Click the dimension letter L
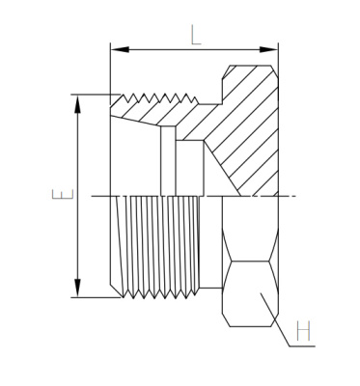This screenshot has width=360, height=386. [x=195, y=35]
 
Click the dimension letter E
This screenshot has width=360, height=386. [x=63, y=194]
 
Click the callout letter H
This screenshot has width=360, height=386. [x=303, y=330]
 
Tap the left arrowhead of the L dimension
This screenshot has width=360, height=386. [x=120, y=49]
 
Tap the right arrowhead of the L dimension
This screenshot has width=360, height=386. [x=268, y=49]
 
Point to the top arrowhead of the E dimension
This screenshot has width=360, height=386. [x=77, y=104]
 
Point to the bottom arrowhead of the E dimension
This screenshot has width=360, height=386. [x=77, y=288]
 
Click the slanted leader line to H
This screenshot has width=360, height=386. [x=275, y=319]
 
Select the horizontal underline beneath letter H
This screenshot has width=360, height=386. [x=302, y=346]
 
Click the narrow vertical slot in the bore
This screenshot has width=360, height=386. [x=168, y=161]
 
